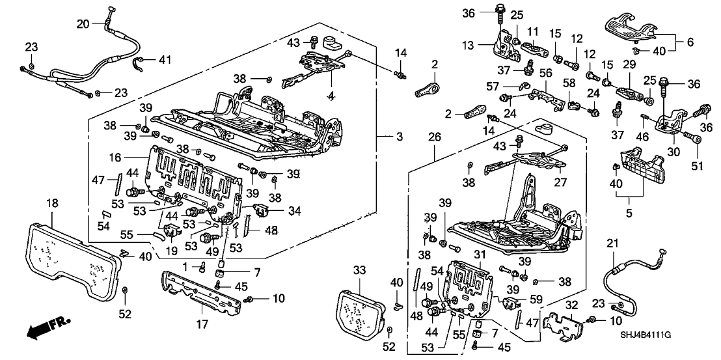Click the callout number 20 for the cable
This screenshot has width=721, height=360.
83,24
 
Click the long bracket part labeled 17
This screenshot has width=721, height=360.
202,292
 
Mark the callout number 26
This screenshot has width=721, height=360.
434,137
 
